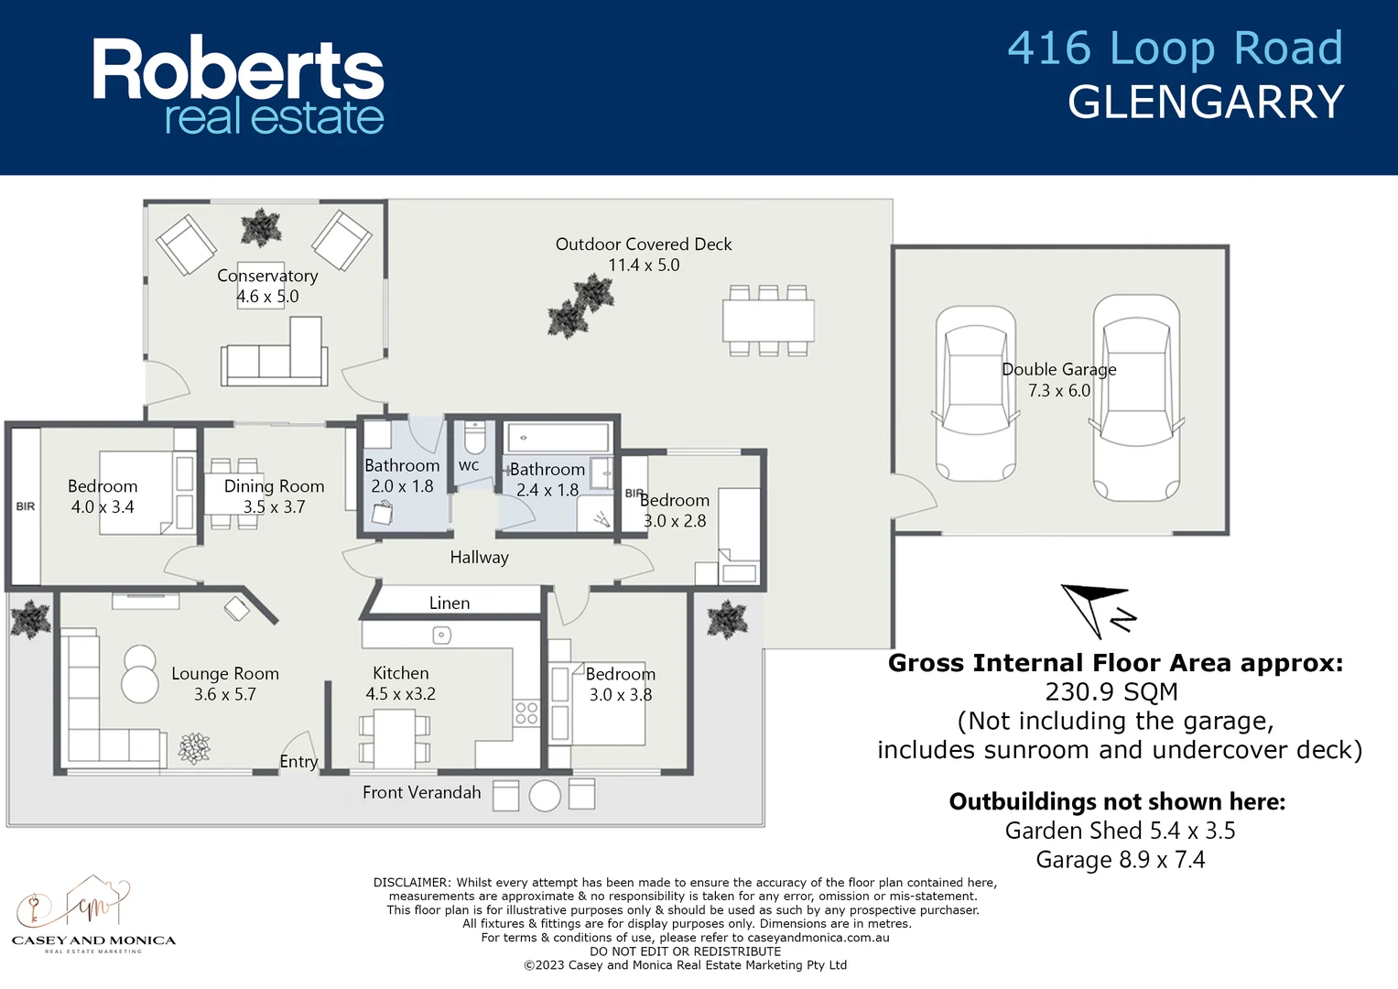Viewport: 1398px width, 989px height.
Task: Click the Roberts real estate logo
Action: tap(238, 86)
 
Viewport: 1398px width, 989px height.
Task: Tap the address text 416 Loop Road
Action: tap(1175, 49)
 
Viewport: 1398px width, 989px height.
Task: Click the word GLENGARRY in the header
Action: tap(1206, 102)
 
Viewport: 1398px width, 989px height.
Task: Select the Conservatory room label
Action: tap(267, 276)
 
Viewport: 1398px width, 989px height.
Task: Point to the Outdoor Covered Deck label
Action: tap(644, 245)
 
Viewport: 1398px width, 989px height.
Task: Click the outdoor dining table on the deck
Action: tap(768, 321)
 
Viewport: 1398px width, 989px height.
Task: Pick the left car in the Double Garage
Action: tap(976, 394)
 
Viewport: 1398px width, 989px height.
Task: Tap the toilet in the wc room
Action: tap(474, 439)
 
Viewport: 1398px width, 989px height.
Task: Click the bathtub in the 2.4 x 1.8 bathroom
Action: tap(557, 438)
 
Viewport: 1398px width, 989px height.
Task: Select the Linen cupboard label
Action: tap(450, 603)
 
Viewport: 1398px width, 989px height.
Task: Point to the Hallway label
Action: tap(479, 557)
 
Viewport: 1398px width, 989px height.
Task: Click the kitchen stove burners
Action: tap(526, 712)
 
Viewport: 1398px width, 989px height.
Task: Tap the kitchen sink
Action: tap(441, 635)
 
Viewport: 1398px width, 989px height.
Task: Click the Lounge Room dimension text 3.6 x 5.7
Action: tap(225, 694)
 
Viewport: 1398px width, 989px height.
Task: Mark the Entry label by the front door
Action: tap(298, 762)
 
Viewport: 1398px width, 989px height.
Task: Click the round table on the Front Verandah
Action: tap(545, 795)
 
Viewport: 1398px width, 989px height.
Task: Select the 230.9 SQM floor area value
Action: tap(1111, 692)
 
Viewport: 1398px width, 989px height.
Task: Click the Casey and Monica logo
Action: tap(93, 916)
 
